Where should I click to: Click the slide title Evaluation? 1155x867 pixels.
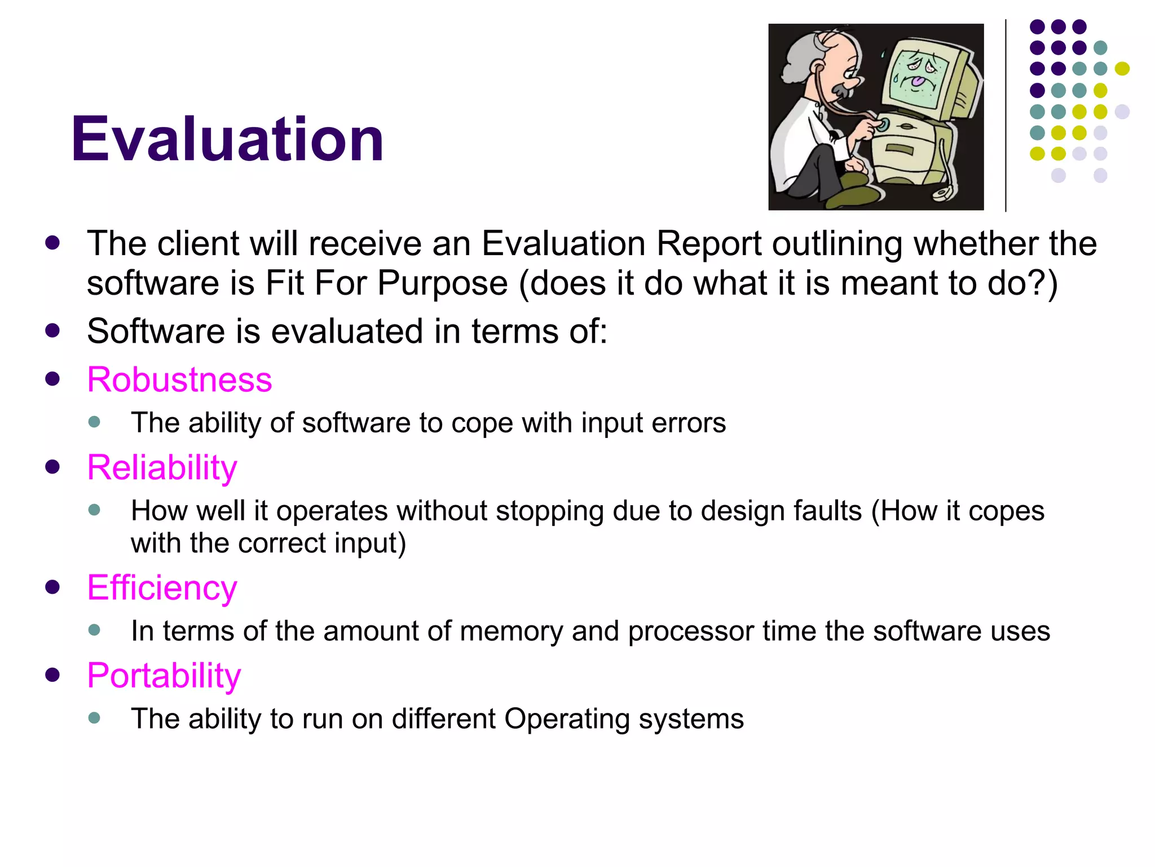(x=227, y=139)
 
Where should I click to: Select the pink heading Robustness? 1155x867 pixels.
(x=179, y=379)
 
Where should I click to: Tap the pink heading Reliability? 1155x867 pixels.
(x=162, y=467)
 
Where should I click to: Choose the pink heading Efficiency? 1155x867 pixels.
(x=162, y=588)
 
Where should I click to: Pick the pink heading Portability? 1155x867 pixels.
(x=164, y=675)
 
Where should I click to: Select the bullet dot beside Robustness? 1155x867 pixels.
(x=52, y=379)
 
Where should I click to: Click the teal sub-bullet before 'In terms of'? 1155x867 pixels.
(x=94, y=630)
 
